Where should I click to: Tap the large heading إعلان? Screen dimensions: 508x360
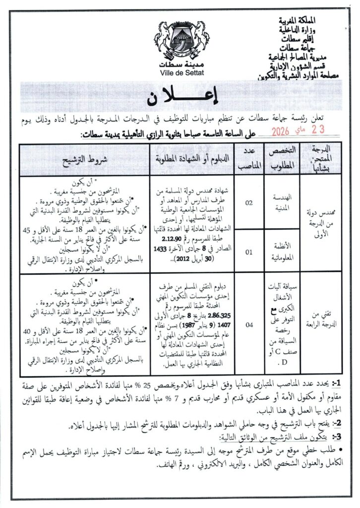[x=180, y=98]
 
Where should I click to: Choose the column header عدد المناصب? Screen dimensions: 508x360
[x=250, y=159]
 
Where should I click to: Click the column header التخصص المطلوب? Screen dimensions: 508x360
[x=288, y=159]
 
